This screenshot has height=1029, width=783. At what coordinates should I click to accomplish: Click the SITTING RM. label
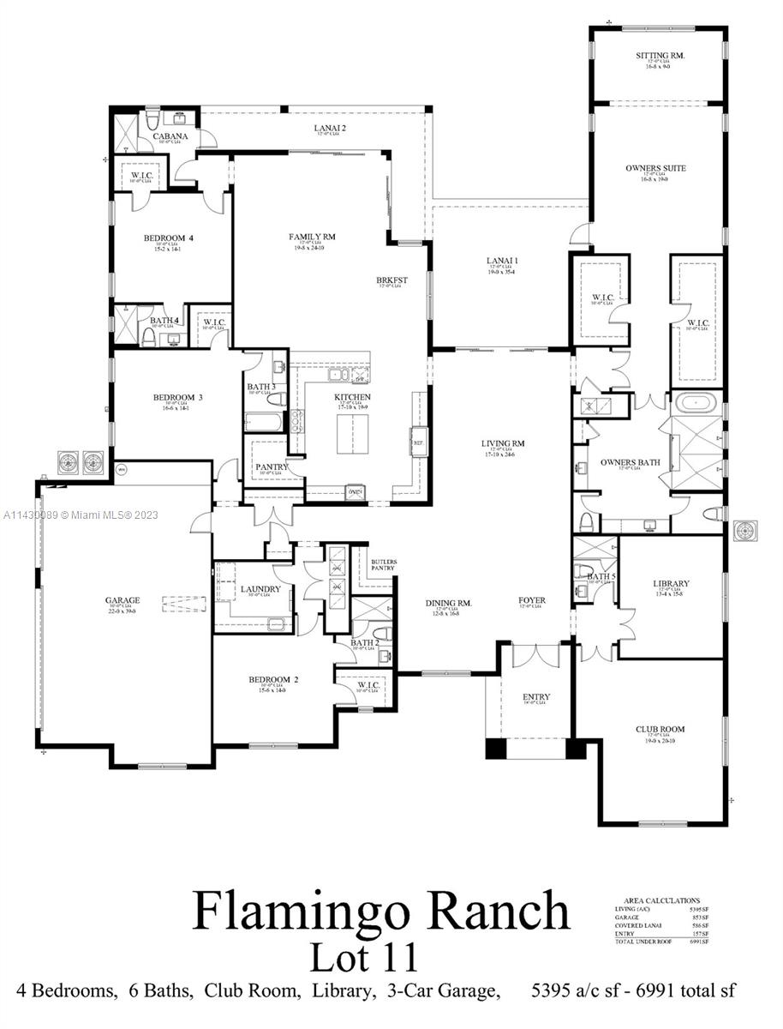660,56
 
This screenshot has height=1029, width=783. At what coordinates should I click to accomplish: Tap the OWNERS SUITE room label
655,168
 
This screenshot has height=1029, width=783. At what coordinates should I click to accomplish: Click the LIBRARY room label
672,583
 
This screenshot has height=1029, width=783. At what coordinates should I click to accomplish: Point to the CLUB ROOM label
660,730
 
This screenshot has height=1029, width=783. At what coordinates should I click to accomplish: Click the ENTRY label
535,697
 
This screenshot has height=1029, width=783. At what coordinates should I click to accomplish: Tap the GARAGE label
123,600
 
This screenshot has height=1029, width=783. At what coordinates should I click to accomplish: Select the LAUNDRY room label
260,589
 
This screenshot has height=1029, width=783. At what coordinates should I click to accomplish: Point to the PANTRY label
272,467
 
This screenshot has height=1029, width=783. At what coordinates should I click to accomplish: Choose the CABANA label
170,136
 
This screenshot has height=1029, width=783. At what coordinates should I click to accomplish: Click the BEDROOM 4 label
162,238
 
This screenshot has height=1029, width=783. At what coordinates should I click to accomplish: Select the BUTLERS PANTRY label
383,565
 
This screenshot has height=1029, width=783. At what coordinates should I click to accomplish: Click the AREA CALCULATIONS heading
656,901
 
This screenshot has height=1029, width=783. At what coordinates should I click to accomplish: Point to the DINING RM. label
449,603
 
